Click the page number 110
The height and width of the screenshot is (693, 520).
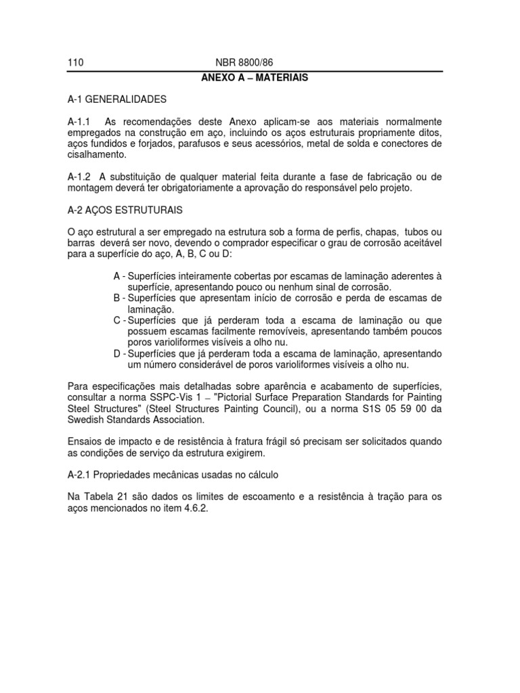(75, 64)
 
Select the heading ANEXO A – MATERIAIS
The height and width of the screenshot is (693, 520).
(255, 78)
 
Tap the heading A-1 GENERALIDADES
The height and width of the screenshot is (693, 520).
(116, 99)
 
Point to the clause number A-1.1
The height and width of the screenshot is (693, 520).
(80, 121)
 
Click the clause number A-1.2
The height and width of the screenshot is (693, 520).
(80, 177)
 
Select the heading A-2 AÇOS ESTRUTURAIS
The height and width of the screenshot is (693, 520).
(125, 210)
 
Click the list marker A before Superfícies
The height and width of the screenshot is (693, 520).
(117, 276)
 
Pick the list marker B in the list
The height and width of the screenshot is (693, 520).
(117, 298)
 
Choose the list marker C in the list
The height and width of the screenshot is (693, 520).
(117, 320)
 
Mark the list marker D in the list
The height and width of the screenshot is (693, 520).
(117, 353)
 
